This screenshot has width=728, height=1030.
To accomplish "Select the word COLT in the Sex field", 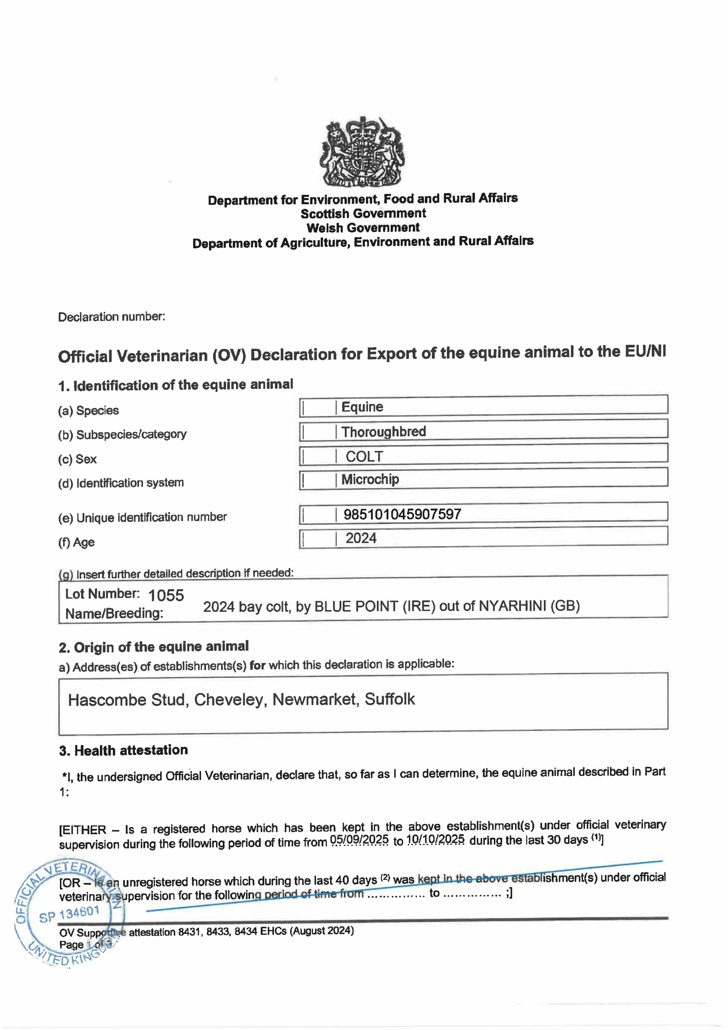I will click(x=364, y=457).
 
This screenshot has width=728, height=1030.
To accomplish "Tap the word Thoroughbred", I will click(x=383, y=432).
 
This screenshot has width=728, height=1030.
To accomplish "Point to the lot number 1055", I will click(x=166, y=595).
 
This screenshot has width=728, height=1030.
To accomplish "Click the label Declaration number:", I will click(x=112, y=317).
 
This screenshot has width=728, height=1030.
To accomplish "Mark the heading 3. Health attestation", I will click(x=123, y=750).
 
